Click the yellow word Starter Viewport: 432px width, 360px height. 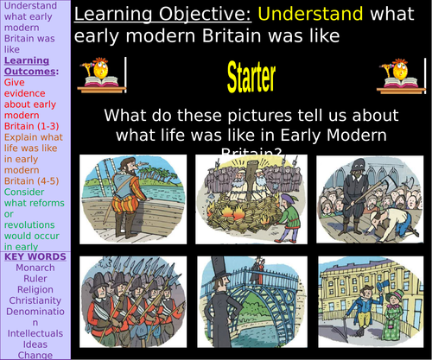click(251, 79)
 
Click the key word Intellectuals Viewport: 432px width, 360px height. click(35, 332)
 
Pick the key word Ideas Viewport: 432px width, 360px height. click(35, 344)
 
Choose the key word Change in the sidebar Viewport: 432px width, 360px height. click(35, 355)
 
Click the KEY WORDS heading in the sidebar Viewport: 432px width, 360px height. click(35, 256)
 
